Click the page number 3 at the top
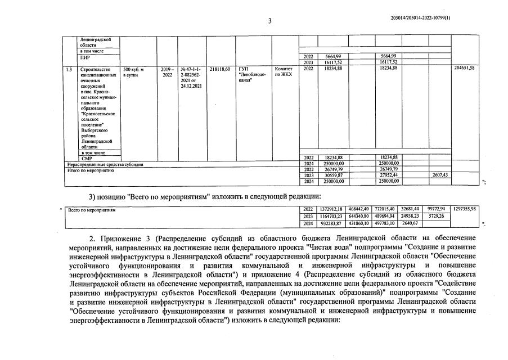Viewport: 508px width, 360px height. [x=269, y=21]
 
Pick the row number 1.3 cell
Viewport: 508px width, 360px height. [x=69, y=69]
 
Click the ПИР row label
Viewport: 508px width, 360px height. [x=85, y=57]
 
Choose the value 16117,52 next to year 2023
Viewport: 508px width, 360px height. [x=331, y=62]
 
